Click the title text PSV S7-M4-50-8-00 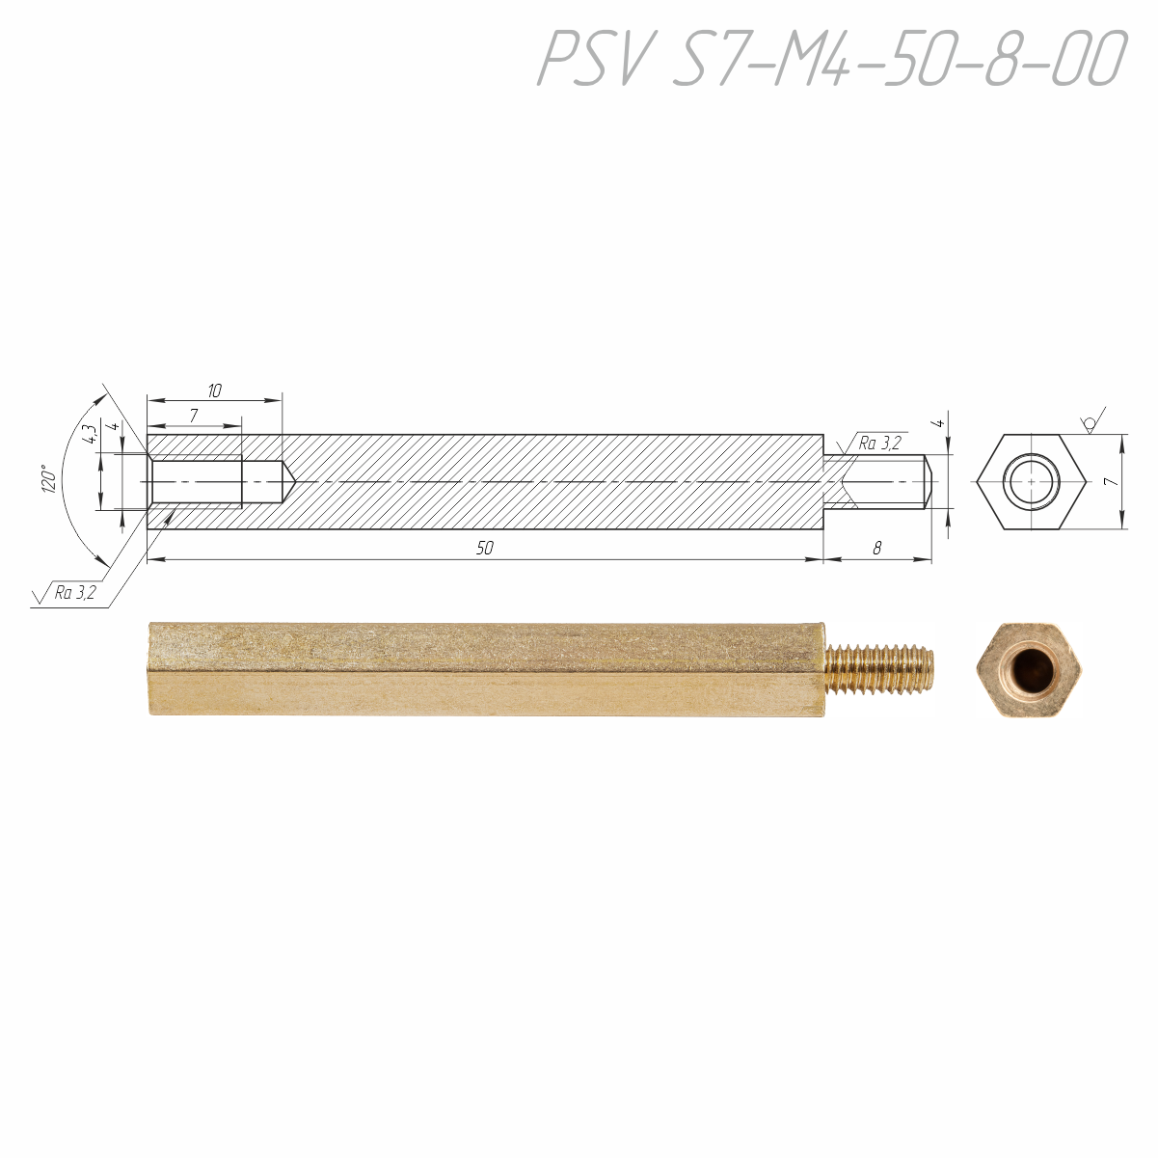point(832,58)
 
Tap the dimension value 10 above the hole point(214,391)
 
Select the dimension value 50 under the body point(484,548)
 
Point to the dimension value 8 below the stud point(876,548)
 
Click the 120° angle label point(48,479)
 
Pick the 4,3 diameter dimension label point(90,434)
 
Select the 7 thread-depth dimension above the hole point(193,416)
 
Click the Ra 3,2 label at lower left point(75,593)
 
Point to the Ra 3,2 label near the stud point(879,444)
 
